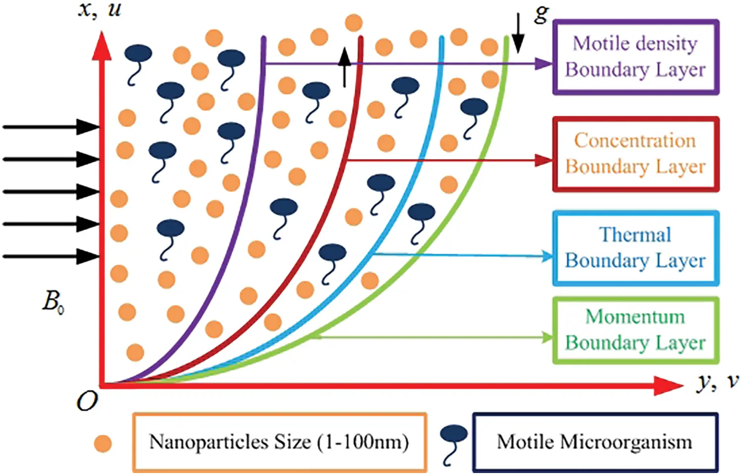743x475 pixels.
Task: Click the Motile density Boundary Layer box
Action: [636, 57]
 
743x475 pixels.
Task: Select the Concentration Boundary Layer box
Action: [636, 154]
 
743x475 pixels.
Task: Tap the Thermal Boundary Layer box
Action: [636, 248]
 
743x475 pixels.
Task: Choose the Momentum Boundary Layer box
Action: [636, 330]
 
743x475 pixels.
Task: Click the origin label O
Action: [87, 402]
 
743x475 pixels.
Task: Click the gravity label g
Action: [542, 13]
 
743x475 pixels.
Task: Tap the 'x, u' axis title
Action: [99, 10]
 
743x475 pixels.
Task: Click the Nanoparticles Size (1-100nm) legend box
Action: [279, 442]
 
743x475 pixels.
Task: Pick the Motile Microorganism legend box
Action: [594, 442]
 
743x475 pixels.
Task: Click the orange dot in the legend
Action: [103, 443]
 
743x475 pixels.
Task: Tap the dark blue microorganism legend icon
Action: [453, 443]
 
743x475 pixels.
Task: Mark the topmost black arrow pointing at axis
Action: [50, 127]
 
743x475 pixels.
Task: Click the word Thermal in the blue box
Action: [636, 235]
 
